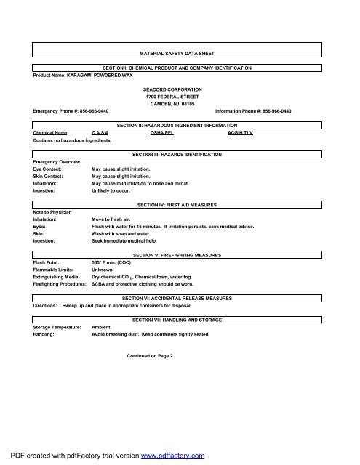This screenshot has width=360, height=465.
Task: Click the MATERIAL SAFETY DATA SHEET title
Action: [179, 54]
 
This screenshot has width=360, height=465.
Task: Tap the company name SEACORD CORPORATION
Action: [179, 88]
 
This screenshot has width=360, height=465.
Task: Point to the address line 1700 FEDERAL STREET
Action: [179, 95]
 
